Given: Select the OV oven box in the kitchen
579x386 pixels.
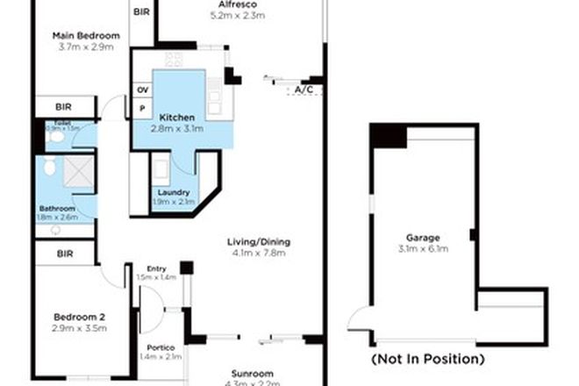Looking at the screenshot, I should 142,89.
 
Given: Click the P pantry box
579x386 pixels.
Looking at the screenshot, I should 142,108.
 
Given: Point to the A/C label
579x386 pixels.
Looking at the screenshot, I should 304,89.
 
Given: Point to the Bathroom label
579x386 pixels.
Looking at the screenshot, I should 57,208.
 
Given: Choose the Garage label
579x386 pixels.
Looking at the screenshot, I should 422,238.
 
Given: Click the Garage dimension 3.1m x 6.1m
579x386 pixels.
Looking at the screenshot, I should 422,249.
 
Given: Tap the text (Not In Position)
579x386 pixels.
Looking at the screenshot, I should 427,359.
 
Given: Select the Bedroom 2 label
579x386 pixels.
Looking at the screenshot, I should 79,317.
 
